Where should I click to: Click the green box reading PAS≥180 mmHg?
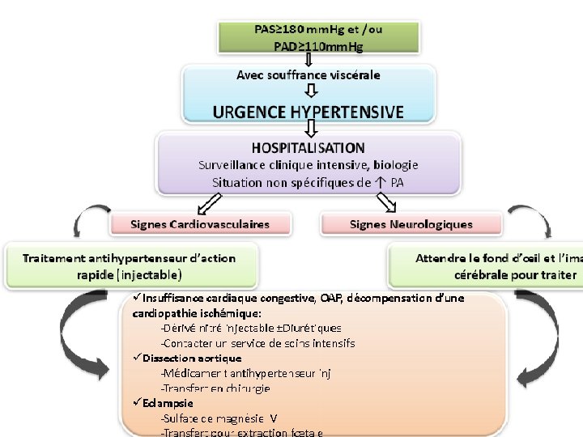(318, 36)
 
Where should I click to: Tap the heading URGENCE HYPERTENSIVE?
(308, 112)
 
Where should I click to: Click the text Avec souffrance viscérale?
(308, 74)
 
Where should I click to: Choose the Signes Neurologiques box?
(411, 223)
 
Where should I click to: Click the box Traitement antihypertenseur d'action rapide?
(130, 265)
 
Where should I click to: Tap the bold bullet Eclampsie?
(169, 403)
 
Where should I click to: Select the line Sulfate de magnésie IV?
(219, 418)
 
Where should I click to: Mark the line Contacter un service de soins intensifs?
(257, 343)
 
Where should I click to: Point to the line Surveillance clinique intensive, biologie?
(308, 165)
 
